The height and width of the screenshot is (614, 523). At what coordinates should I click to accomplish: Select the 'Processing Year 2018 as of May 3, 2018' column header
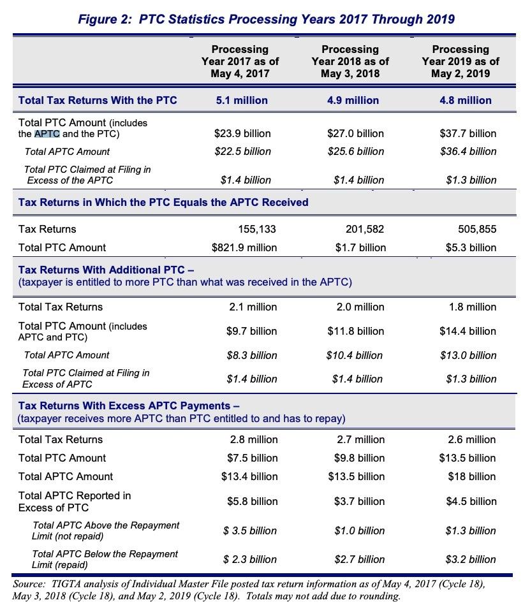click(x=350, y=61)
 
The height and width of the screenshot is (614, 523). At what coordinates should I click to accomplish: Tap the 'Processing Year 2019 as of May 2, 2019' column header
click(x=460, y=61)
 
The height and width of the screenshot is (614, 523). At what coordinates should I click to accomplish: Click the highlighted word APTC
click(x=47, y=134)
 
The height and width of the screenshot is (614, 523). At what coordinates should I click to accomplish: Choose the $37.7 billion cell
click(x=468, y=134)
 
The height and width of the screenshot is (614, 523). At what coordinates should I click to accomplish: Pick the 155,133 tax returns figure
click(x=257, y=229)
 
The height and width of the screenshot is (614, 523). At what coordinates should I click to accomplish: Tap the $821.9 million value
click(x=244, y=247)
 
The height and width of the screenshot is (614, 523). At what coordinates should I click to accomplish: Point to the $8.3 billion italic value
click(x=252, y=355)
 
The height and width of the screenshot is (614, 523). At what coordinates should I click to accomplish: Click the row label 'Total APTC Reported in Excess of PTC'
click(x=75, y=501)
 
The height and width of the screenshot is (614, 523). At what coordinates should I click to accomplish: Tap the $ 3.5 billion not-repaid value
click(x=250, y=530)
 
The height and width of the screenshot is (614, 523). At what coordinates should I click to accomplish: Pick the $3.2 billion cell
click(x=471, y=559)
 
